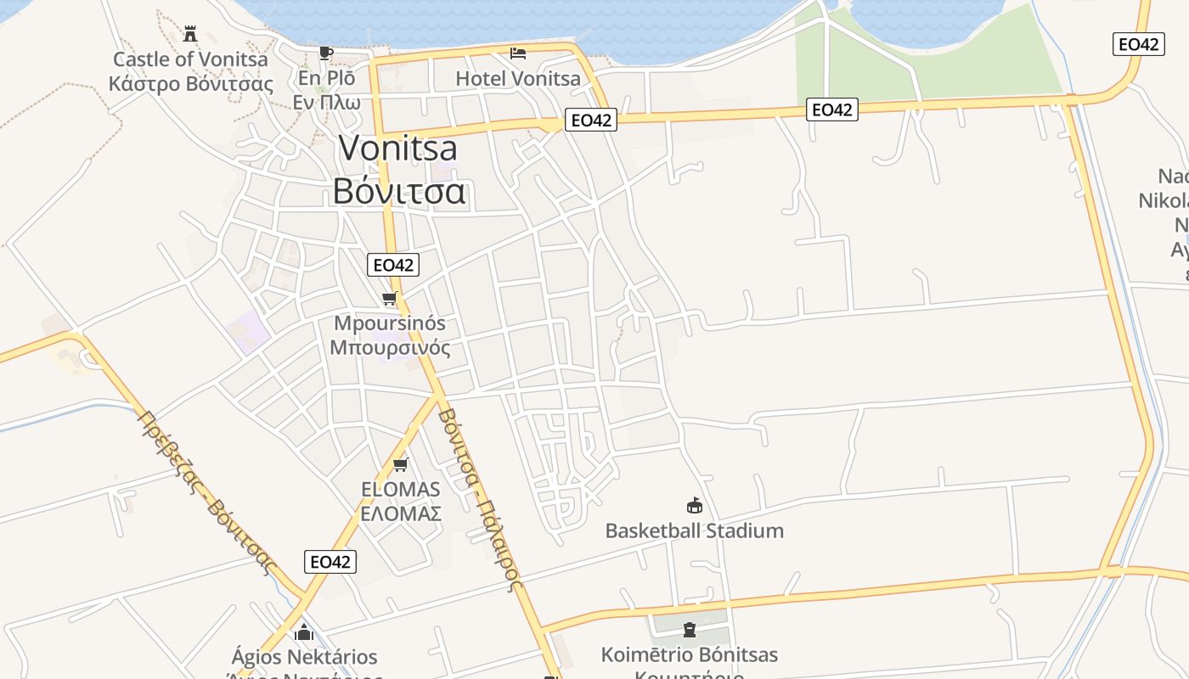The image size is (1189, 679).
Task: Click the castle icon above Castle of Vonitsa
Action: tap(190, 34)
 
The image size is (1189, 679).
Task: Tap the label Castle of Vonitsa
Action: tap(190, 59)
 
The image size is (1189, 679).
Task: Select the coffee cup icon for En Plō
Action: tap(325, 53)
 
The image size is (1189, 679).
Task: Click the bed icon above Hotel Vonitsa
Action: tap(518, 53)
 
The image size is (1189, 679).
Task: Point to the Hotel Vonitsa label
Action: tap(518, 79)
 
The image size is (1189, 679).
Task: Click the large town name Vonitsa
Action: tap(397, 149)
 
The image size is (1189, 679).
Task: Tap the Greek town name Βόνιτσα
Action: tap(398, 191)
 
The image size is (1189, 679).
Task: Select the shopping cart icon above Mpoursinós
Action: tap(390, 298)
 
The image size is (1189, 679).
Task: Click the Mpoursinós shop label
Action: tap(390, 323)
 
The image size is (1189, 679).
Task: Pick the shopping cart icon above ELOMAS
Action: tap(401, 464)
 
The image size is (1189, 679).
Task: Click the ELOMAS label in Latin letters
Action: tap(401, 489)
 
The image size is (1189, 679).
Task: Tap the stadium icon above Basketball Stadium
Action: tap(695, 506)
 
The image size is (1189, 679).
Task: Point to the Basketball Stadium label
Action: tap(694, 531)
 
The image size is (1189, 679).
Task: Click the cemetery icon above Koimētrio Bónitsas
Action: tap(690, 630)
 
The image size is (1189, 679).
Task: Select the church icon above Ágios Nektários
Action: tap(304, 632)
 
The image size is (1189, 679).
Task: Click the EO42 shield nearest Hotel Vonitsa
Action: tap(591, 121)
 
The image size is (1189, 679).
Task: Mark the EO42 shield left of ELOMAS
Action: tap(330, 561)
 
